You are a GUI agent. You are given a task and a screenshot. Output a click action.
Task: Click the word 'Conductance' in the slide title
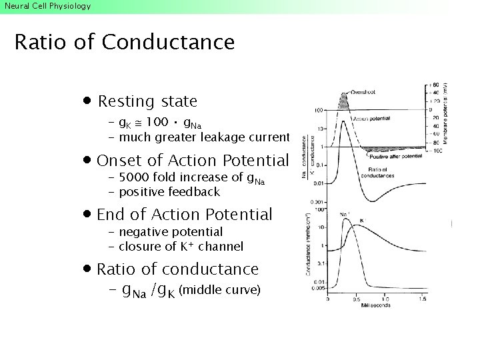[168, 42]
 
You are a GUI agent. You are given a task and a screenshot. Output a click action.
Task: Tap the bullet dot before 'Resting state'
[87, 101]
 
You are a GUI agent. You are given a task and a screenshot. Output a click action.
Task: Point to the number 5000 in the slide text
[135, 177]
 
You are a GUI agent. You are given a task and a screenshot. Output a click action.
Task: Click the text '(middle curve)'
[219, 291]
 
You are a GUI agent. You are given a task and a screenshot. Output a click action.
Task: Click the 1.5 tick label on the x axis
[423, 299]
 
